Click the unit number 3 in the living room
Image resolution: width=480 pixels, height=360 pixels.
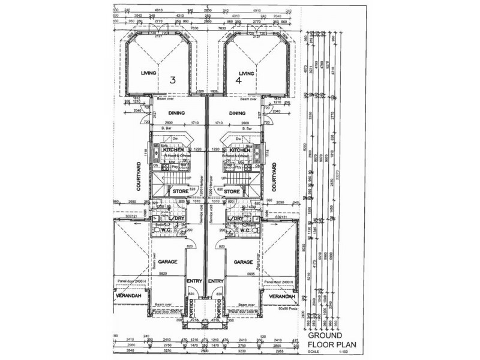pos(173,79)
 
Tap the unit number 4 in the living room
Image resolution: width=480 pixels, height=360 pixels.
pos(238,79)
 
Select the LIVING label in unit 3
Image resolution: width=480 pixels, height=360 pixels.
pos(148,73)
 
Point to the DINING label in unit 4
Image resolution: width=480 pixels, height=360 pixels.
pos(238,113)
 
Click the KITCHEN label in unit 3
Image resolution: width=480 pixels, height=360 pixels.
pos(164,149)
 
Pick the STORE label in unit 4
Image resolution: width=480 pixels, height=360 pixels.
pos(232,192)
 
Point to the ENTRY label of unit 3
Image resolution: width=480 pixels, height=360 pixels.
pos(194,281)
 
